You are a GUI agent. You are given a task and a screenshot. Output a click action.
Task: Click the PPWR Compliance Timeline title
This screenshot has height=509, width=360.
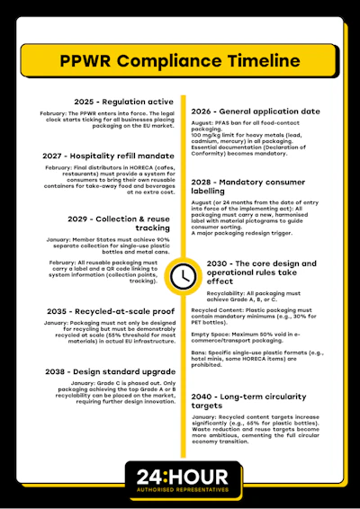(179, 61)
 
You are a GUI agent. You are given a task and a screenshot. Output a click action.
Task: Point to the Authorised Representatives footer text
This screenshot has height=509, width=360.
(179, 491)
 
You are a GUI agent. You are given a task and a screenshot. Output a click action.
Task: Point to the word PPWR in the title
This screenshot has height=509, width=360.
(91, 61)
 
